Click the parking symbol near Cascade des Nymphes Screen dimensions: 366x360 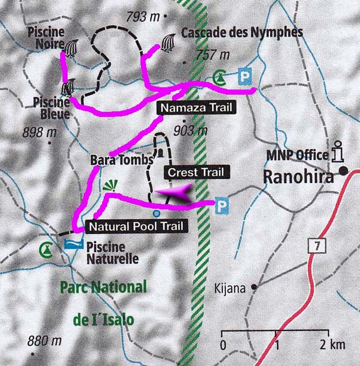243,78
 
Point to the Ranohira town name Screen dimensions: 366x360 299,177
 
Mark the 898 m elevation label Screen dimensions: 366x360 39,133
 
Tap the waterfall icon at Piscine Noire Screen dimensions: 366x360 71,47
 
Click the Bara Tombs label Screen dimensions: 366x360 122,160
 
